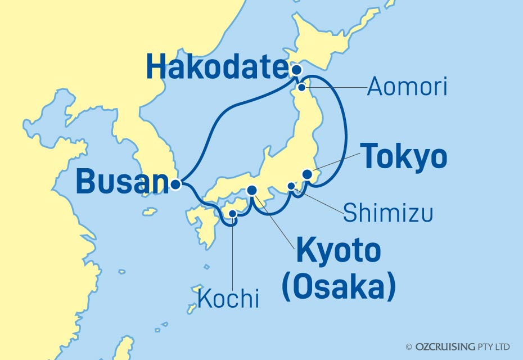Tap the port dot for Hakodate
point(296,70)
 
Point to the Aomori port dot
point(302,87)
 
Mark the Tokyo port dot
point(307,174)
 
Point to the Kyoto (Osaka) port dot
point(252,191)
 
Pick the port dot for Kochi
point(233,213)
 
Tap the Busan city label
point(121,182)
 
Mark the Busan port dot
point(176,183)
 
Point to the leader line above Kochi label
point(232,253)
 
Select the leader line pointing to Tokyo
point(335,165)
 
